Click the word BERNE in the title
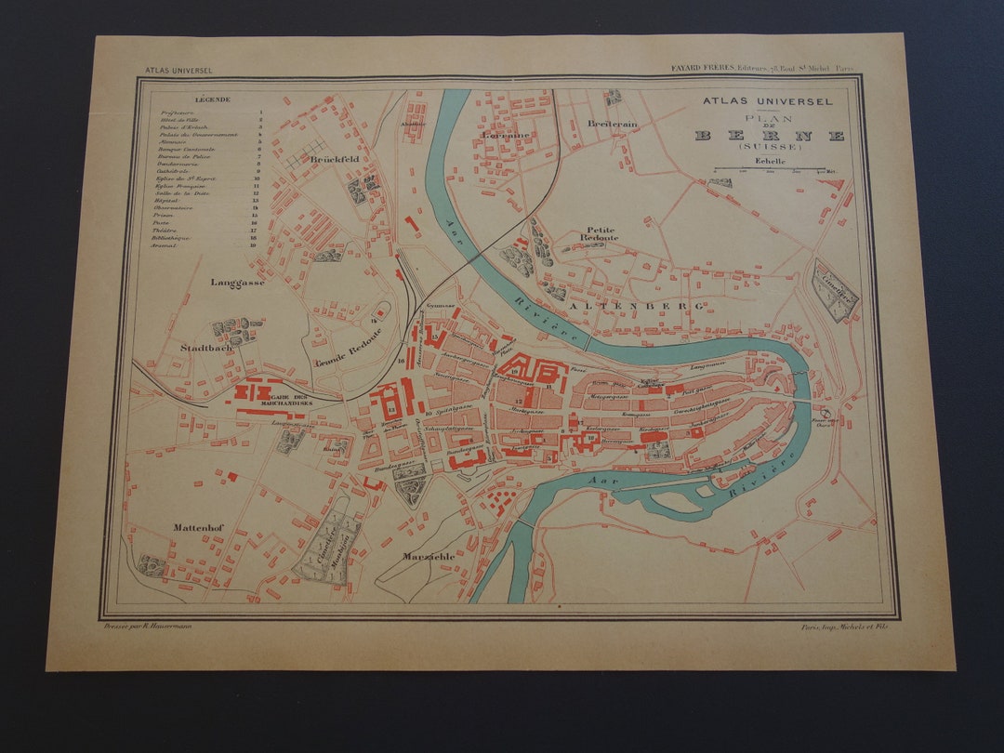click(x=770, y=136)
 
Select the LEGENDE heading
click(x=213, y=99)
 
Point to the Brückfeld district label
click(x=335, y=160)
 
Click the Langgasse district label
click(x=238, y=282)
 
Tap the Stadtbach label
click(x=206, y=348)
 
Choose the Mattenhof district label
click(x=199, y=527)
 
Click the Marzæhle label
click(x=429, y=556)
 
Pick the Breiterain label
click(x=612, y=124)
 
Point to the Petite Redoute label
click(x=601, y=233)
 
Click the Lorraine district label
click(x=506, y=135)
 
